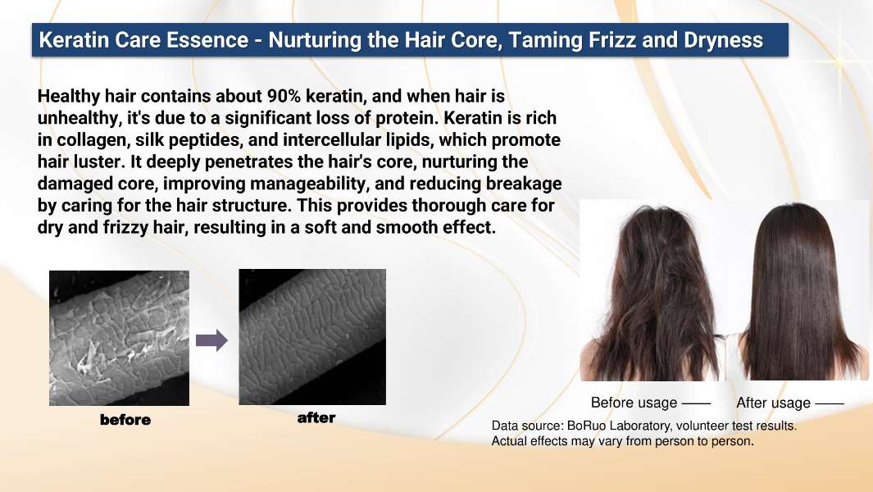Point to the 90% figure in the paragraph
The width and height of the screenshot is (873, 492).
[x=284, y=96]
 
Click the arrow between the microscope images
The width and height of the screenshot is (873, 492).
[x=211, y=339]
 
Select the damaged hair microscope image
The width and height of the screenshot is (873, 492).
[x=119, y=338]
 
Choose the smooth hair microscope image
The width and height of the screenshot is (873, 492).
[x=312, y=337]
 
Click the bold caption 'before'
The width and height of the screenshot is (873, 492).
[x=125, y=420]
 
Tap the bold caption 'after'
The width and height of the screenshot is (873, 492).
[x=316, y=417]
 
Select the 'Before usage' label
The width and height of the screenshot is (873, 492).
[x=634, y=403]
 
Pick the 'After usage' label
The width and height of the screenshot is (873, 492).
[x=773, y=403]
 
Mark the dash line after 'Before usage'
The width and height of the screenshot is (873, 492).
[x=696, y=403]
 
